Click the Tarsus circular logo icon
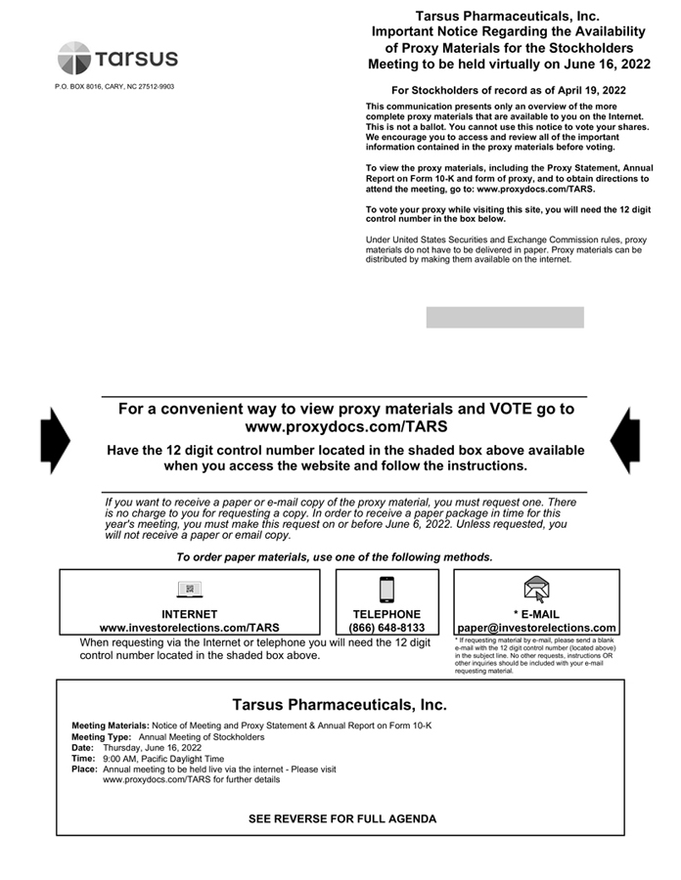(74, 58)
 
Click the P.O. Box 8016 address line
(114, 87)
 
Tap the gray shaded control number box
(505, 317)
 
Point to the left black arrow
(55, 440)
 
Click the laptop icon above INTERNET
(190, 589)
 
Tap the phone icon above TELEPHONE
(386, 590)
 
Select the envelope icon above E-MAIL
(536, 589)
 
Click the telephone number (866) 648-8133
(386, 628)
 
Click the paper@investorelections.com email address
(536, 628)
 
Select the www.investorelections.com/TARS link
(190, 628)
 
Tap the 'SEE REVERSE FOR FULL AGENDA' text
(342, 818)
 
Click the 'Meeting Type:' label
(101, 736)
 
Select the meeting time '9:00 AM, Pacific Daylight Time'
(162, 758)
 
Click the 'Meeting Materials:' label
(111, 726)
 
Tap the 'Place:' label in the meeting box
(84, 769)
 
